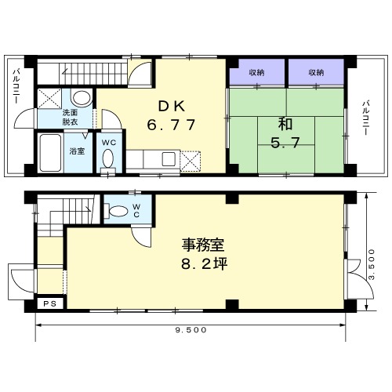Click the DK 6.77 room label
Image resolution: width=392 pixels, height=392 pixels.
pos(172,115)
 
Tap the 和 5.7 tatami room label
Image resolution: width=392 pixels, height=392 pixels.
pos(285,133)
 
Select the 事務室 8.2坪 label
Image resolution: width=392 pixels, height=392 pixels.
pos(204,254)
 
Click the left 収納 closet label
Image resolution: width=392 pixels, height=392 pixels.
pos(256,72)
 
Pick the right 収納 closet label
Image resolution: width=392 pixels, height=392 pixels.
pos(316,72)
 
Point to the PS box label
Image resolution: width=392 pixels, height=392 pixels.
pos(49,304)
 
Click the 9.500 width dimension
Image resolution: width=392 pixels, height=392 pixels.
pos(191,330)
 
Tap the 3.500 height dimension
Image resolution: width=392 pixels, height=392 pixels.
pos(372,264)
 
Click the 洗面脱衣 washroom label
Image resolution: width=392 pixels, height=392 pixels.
pos(70,118)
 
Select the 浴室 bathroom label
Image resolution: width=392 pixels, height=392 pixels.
pos(77,151)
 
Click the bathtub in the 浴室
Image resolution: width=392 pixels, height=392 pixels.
pos(50,153)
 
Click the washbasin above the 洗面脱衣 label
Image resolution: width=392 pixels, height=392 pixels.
pos(82,99)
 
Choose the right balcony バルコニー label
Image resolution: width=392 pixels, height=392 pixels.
pos(365,118)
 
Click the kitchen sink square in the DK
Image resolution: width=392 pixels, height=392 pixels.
pos(169,159)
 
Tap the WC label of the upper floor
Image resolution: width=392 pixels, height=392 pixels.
pos(109,143)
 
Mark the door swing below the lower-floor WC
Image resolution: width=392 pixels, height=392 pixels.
pos(141,237)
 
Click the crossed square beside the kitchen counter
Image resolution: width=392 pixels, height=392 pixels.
pos(191,161)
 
